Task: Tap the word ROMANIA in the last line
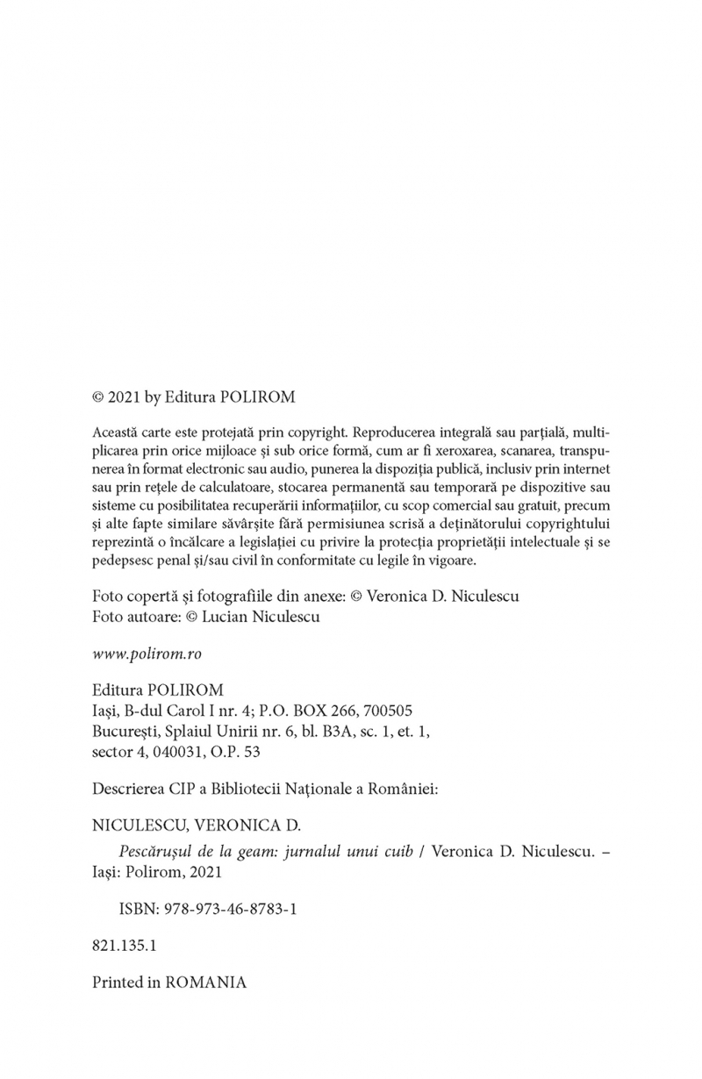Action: (205, 983)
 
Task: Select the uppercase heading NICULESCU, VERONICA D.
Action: (196, 825)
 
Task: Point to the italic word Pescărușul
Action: (157, 851)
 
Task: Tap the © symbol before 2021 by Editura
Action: (98, 397)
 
